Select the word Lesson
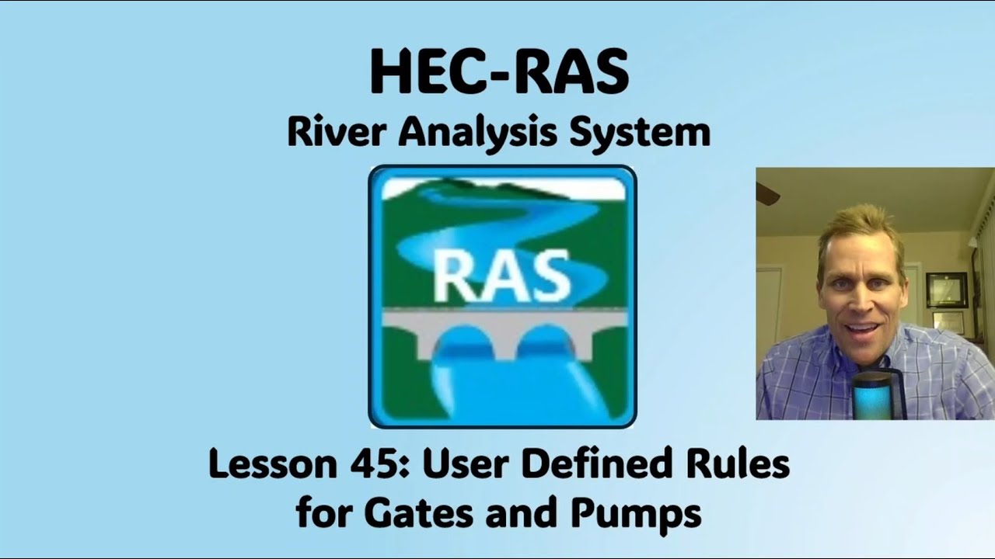(x=271, y=464)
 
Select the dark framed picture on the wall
(x=946, y=290)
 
